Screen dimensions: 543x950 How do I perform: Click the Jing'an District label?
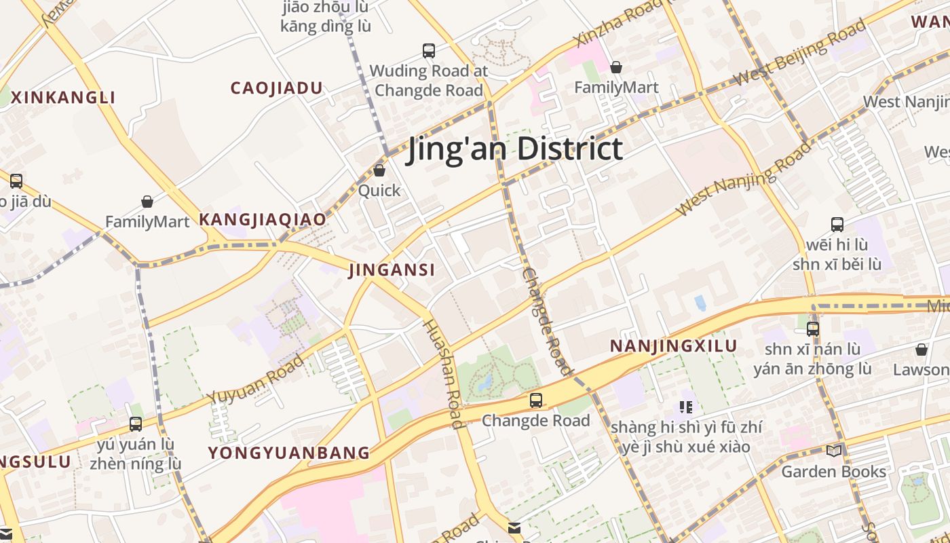[514, 149]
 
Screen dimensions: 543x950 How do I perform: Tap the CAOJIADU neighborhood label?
[276, 88]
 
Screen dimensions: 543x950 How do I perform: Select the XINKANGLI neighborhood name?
[64, 97]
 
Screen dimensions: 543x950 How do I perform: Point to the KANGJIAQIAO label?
[262, 220]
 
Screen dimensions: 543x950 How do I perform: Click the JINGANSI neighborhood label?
[392, 270]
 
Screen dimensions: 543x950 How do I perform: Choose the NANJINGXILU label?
[673, 346]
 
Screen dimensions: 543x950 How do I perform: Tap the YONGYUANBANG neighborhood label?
[289, 453]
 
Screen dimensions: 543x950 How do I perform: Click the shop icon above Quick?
[379, 170]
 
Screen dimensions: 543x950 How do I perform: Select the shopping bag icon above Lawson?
[921, 350]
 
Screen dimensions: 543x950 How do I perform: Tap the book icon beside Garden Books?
[834, 451]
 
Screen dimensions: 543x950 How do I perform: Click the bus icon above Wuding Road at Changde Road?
[428, 50]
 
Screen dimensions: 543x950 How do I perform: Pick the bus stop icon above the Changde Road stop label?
[536, 400]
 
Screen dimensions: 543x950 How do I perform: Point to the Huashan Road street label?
[443, 373]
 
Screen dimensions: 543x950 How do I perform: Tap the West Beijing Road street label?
[801, 53]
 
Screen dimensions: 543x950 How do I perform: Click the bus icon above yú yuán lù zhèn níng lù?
[136, 424]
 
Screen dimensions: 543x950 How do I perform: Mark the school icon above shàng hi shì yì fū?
[686, 407]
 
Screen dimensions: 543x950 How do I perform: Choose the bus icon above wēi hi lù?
[837, 224]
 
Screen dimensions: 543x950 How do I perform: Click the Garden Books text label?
[834, 471]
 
